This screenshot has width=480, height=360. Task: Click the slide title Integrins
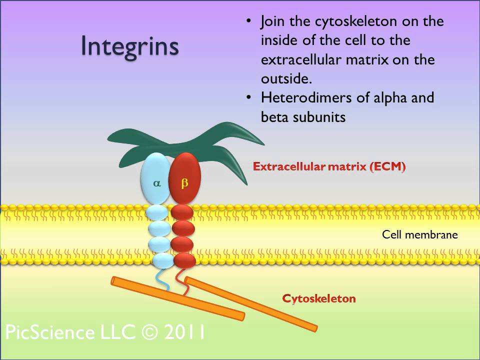[129, 46]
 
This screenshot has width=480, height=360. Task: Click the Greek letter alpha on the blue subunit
[157, 183]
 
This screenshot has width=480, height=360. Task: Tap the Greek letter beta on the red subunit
[184, 183]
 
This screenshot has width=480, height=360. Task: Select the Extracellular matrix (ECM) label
[329, 167]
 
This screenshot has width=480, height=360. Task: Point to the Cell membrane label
[419, 234]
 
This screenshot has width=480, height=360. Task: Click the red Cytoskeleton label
[318, 298]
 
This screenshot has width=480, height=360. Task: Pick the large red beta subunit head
[184, 172]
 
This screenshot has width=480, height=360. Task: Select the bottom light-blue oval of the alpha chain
[161, 260]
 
